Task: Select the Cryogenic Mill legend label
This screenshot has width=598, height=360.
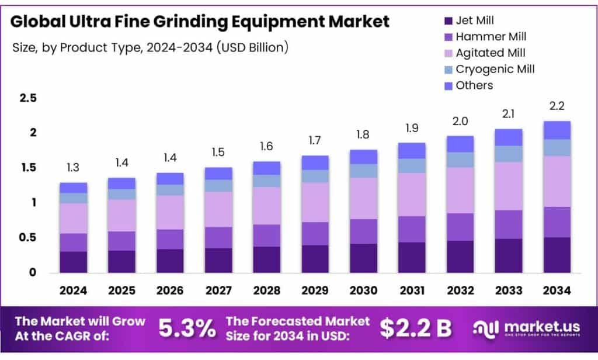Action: click(495, 69)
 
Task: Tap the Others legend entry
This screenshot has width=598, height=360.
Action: click(474, 85)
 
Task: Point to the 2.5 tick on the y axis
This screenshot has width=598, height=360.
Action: click(28, 98)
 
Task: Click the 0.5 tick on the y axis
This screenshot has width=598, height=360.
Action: click(28, 238)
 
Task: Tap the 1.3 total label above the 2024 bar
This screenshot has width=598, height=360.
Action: click(73, 168)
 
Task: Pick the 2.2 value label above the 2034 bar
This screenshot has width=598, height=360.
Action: click(557, 106)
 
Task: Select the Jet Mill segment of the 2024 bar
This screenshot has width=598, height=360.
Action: click(73, 262)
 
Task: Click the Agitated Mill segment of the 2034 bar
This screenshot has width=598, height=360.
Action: click(557, 181)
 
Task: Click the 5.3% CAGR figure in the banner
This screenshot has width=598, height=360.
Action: click(187, 329)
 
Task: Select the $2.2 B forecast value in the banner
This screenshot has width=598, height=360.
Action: click(416, 328)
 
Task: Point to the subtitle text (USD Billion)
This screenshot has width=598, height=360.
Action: click(253, 47)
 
